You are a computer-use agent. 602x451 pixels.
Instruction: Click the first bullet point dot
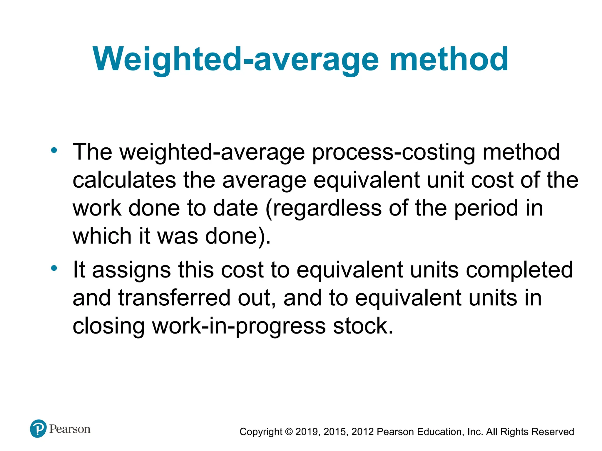click(54, 150)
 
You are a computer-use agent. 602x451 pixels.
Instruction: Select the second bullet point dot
click(54, 268)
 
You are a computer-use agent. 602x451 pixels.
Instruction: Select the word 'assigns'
click(131, 270)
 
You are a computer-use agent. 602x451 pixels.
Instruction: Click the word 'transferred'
click(174, 298)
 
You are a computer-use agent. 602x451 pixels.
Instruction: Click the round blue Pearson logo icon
click(38, 429)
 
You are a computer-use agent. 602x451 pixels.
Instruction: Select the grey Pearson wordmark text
click(70, 429)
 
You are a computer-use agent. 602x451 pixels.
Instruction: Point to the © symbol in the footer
click(289, 432)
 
